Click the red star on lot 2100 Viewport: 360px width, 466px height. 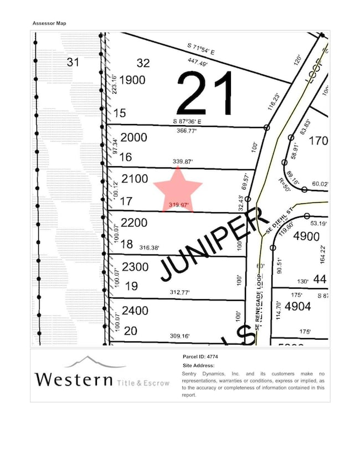(178, 189)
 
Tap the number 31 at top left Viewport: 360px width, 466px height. (73, 62)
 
